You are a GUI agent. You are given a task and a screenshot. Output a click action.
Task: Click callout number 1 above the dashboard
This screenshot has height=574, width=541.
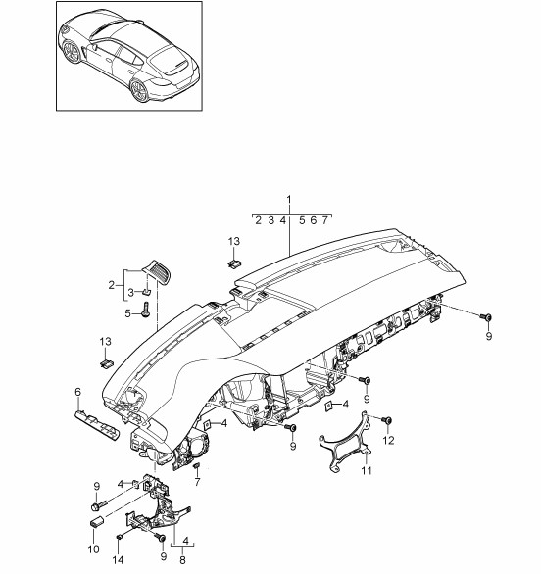coord(288,200)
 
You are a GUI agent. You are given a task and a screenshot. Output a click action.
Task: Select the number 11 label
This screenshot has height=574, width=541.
coord(367,470)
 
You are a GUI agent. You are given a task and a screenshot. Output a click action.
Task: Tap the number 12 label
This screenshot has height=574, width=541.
coord(388,441)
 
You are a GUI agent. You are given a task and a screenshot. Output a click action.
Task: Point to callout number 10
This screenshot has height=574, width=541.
coord(94,550)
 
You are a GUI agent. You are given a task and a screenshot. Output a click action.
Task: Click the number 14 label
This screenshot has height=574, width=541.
coord(118,560)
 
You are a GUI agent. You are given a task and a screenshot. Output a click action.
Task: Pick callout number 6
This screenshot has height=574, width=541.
coord(77,392)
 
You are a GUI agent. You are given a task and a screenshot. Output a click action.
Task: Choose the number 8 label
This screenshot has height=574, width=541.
coord(182,560)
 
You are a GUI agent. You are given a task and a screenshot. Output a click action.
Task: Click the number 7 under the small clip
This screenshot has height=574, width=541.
coord(197,482)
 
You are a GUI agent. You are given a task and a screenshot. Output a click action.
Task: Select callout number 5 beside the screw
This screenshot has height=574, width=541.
coord(127,313)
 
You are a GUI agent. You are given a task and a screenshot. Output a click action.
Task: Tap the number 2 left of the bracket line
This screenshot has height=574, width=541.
coord(112,285)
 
